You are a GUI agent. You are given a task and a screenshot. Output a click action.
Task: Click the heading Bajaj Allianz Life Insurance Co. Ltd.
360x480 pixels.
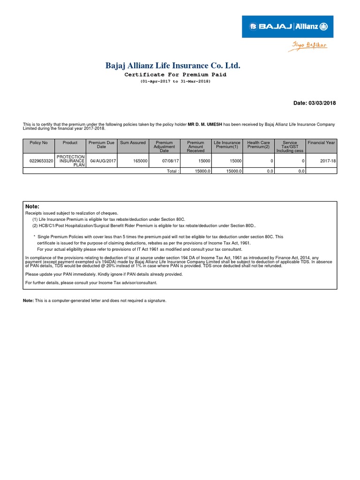click(175, 66)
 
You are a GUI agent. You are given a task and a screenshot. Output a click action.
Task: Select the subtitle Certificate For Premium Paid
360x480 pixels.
click(175, 75)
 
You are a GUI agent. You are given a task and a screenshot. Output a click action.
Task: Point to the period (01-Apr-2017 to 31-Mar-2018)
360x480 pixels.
click(175, 82)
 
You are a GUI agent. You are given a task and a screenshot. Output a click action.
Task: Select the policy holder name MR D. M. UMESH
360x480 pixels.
click(205, 124)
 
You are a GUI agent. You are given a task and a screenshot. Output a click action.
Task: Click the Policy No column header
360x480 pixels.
click(38, 142)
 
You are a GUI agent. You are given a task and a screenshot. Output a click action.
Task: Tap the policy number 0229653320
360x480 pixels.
click(41, 161)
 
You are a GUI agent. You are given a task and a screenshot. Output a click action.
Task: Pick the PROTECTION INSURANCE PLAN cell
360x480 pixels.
click(70, 161)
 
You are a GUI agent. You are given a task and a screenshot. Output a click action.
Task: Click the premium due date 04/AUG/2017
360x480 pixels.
click(103, 161)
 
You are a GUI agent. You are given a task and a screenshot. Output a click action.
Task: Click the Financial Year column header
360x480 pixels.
click(321, 142)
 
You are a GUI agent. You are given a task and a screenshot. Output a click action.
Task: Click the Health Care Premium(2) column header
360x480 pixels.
click(259, 145)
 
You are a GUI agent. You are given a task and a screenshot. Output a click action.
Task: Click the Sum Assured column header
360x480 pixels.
click(133, 142)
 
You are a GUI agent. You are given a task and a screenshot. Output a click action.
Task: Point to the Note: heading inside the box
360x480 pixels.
click(32, 207)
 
